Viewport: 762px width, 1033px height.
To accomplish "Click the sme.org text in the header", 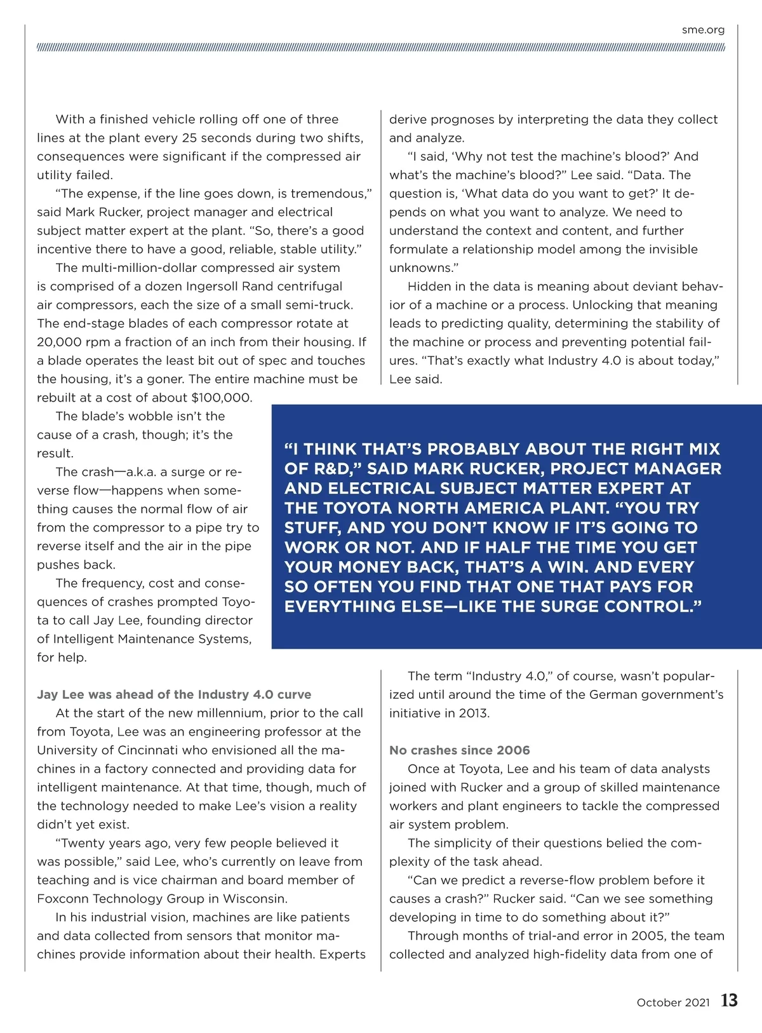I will [x=703, y=30].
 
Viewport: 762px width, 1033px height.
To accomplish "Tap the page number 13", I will [x=729, y=1001].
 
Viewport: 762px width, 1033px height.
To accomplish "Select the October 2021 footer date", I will [x=673, y=1003].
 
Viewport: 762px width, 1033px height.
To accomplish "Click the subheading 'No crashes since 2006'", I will [x=459, y=750].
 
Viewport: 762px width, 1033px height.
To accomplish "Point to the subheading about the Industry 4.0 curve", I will [x=174, y=694].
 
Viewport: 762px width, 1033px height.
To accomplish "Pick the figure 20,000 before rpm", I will [x=59, y=342].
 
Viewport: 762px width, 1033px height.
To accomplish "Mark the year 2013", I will [x=474, y=713].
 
